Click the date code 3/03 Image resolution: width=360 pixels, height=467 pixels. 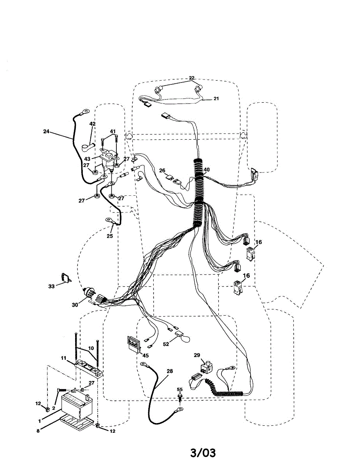point(203,453)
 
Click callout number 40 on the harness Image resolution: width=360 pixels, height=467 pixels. point(206,170)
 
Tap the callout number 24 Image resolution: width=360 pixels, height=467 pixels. point(46,131)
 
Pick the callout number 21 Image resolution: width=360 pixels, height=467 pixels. point(216,99)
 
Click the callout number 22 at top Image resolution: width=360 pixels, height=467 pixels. point(191,78)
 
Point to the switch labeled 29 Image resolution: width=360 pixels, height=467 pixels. point(205,367)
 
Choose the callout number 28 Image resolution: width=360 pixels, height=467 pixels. point(170,371)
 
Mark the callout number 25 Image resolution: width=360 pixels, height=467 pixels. point(110,236)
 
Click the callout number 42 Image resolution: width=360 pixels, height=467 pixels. point(93,124)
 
